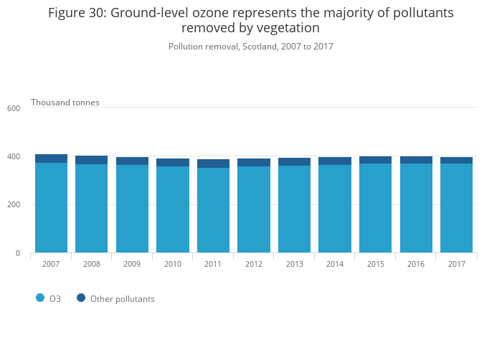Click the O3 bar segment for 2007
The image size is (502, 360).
coord(51,208)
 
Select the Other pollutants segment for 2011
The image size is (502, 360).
coord(213,164)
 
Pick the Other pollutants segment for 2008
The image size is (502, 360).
coord(91,160)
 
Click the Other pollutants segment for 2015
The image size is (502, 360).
coord(376,160)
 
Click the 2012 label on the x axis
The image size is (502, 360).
coord(254,264)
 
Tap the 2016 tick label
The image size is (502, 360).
coord(416,264)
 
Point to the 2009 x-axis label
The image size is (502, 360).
coord(132,264)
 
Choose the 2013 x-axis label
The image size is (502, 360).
coord(295,264)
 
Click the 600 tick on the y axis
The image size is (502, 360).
coord(14,108)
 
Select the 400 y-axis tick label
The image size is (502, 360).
coord(14,156)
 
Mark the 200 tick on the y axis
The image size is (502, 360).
coord(14,205)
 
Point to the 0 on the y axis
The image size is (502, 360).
coord(17,253)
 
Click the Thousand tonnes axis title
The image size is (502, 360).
coord(65,103)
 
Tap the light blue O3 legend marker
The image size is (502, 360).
coord(40,298)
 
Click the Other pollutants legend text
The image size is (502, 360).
coord(122,299)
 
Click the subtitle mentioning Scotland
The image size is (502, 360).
coord(251,47)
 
